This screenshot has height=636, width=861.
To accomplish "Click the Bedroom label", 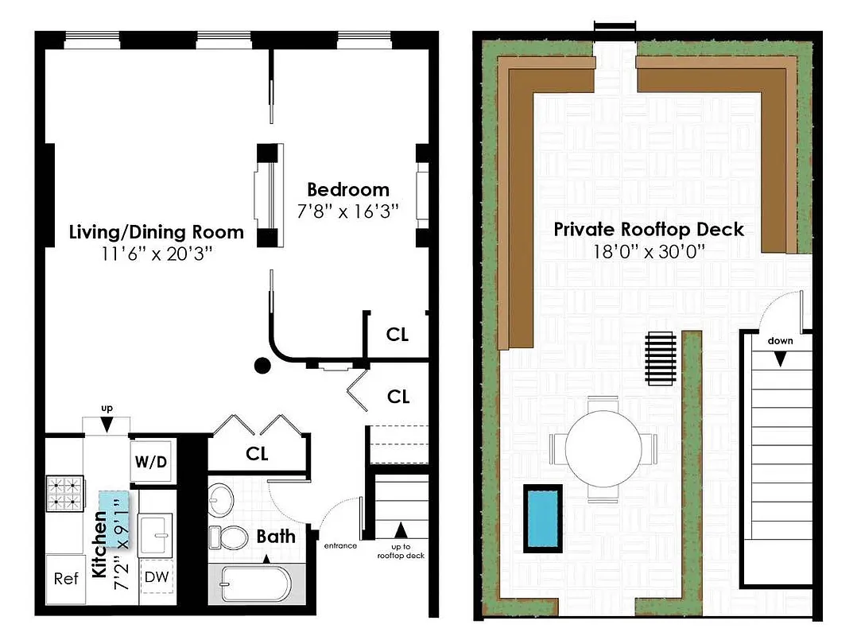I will pos(348,190).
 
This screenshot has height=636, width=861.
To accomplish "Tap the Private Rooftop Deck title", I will pos(649,230).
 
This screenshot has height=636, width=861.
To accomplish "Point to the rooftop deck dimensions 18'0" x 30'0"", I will pos(649,251).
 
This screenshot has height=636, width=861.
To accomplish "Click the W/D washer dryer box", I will pos(151,461).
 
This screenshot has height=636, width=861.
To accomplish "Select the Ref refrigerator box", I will pos(66,578).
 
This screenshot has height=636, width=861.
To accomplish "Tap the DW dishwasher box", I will pos(157,577).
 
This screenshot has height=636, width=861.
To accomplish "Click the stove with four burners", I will pos(65,493).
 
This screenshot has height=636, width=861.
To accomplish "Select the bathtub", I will pos(254,584).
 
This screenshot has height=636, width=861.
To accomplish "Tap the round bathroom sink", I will pos(220,501).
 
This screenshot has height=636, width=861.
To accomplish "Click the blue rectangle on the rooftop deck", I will pos(542,517).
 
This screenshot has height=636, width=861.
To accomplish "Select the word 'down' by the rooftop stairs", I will pos(780,341).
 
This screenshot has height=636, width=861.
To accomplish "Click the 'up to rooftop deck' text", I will pos(401,551).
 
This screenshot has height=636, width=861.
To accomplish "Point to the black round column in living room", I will pos(261,366).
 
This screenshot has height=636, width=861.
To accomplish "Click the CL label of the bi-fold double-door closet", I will pos(257,454).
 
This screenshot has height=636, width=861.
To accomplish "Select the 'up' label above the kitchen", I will pos(107,409).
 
